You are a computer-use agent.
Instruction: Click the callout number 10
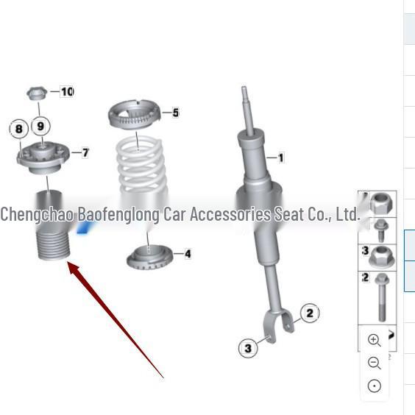point(67,92)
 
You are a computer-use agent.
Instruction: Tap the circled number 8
point(18,130)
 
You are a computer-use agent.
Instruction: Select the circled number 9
point(41,126)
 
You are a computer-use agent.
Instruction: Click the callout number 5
point(175,113)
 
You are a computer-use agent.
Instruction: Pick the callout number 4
point(188,254)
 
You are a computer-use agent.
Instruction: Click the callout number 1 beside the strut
point(280,157)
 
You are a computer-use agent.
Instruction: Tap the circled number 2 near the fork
point(310,313)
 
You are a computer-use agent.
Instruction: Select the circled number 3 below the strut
point(248,348)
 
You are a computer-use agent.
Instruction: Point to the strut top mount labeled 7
point(45,157)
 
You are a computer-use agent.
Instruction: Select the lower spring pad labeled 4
point(150,258)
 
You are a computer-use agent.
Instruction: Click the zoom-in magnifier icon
point(374,340)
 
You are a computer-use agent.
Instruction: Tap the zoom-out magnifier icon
point(374,363)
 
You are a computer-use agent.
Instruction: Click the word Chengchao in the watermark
point(35,215)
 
